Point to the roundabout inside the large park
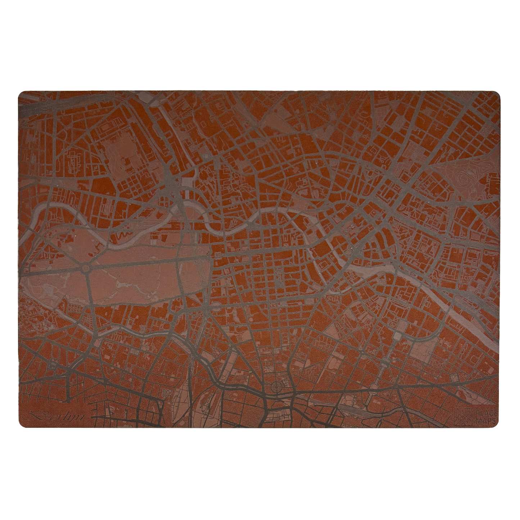[x=86, y=268]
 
